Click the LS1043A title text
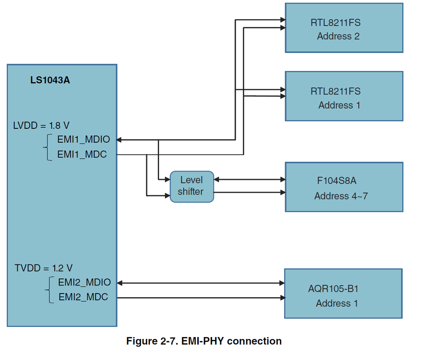tap(50, 81)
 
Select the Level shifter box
tap(191, 186)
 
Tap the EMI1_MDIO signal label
tap(83, 140)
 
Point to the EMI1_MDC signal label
tap(82, 154)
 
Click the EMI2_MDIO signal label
tap(84, 282)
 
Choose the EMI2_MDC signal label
tap(83, 297)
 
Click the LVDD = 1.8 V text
tap(41, 125)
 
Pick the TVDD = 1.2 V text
tap(43, 268)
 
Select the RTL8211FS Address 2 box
tap(344, 28)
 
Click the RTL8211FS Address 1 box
tap(344, 96)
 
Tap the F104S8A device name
tap(336, 181)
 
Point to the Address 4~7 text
tap(341, 196)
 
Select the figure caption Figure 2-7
tap(204, 341)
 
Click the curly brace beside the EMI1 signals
tap(47, 147)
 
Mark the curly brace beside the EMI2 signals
tap(48, 290)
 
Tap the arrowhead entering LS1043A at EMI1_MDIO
tap(120, 140)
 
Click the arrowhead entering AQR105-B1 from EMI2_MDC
tap(282, 298)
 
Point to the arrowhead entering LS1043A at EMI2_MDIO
tap(120, 283)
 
